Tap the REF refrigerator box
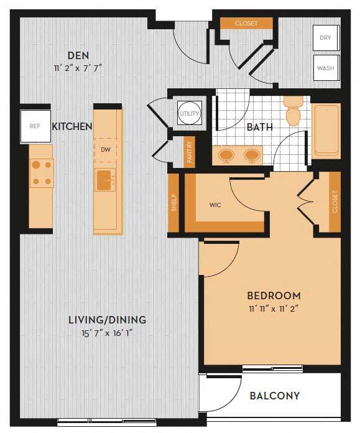pyautogui.click(x=35, y=126)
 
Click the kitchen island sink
pyautogui.click(x=105, y=181)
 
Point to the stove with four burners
pyautogui.click(x=42, y=174)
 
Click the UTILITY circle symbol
pyautogui.click(x=188, y=114)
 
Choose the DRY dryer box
pyautogui.click(x=325, y=38)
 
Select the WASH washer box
pyautogui.click(x=325, y=68)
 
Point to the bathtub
pyautogui.click(x=326, y=131)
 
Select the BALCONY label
pyautogui.click(x=275, y=396)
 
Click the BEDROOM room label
pyautogui.click(x=274, y=296)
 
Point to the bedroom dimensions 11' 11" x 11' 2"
pyautogui.click(x=274, y=309)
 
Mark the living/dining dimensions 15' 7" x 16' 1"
pyautogui.click(x=107, y=333)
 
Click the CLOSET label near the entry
pyautogui.click(x=246, y=24)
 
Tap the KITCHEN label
pyautogui.click(x=72, y=126)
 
